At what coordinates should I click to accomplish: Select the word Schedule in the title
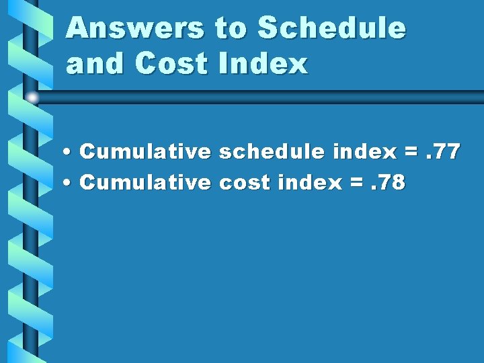click(x=332, y=28)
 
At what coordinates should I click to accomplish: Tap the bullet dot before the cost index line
click(x=70, y=184)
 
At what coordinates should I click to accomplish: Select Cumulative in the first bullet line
click(x=145, y=152)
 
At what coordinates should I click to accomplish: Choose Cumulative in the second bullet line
click(x=145, y=182)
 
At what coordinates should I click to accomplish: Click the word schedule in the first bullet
click(x=273, y=152)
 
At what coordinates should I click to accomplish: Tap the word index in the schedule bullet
click(x=364, y=152)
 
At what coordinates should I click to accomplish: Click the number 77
click(x=446, y=152)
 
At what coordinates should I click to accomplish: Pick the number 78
click(x=393, y=182)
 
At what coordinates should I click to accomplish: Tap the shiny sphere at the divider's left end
click(x=32, y=98)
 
